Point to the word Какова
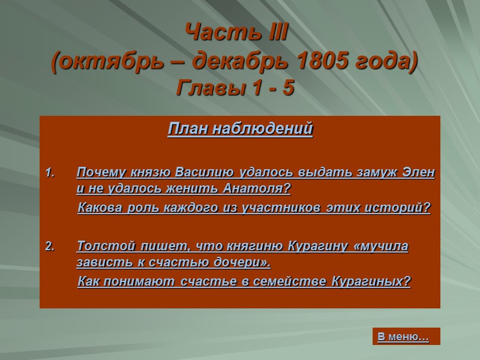pyautogui.click(x=100, y=208)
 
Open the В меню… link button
pyautogui.click(x=403, y=337)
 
